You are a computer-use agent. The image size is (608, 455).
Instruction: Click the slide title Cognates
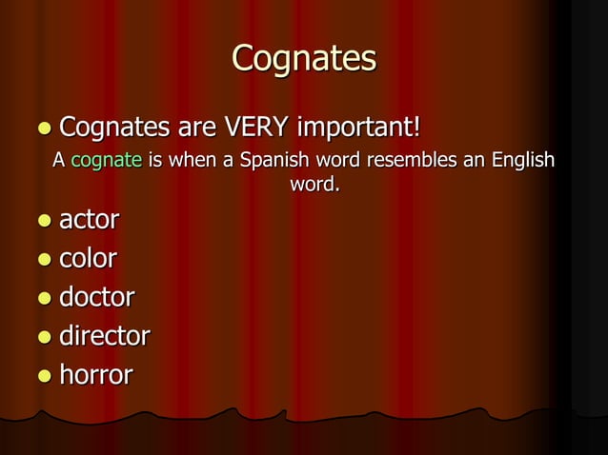(304, 58)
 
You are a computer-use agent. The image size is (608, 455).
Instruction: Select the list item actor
(90, 220)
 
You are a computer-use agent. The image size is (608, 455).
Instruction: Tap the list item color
(89, 259)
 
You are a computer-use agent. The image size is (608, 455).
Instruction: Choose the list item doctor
(96, 298)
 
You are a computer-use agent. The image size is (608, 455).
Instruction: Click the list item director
(105, 336)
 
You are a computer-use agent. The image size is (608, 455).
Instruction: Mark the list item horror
(95, 375)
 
